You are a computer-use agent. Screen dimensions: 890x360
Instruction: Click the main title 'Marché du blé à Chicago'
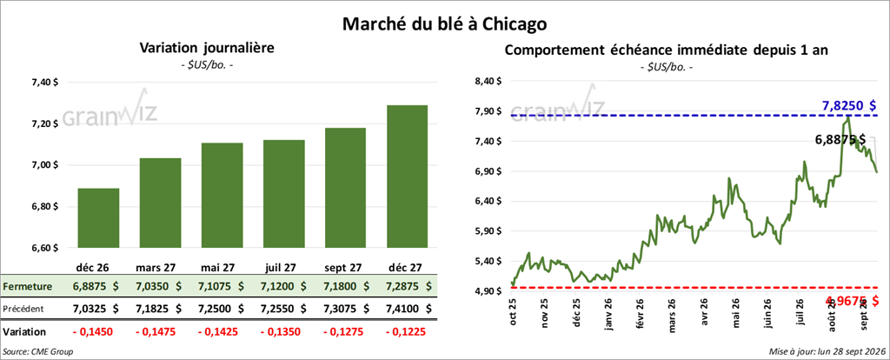point(444,23)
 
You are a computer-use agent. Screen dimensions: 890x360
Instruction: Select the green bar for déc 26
point(98,218)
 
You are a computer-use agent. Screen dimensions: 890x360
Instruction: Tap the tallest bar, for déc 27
point(407,177)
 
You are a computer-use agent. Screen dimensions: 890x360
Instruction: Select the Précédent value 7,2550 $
point(285,309)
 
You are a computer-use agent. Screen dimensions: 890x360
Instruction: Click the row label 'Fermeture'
point(27,287)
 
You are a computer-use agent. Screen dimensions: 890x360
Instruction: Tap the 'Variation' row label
point(24,331)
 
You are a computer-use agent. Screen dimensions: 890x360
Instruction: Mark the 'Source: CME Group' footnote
point(38,352)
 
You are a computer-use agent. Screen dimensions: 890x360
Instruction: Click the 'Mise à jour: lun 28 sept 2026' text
point(826,352)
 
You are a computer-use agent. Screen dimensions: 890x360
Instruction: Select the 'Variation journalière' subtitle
point(207,49)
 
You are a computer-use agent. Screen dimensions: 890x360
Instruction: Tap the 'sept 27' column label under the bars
point(344,266)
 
